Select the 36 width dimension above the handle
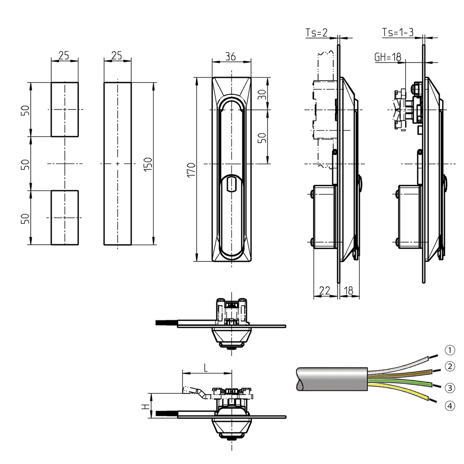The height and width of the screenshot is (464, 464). pyautogui.click(x=231, y=56)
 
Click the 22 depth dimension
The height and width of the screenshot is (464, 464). pyautogui.click(x=324, y=291)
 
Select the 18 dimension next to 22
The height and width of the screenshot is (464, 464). pyautogui.click(x=349, y=291)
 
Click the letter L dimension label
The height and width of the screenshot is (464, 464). pyautogui.click(x=206, y=368)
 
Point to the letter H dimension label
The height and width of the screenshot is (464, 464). pyautogui.click(x=145, y=406)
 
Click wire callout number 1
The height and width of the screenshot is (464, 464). pyautogui.click(x=449, y=350)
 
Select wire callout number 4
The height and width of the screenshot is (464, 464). pyautogui.click(x=449, y=406)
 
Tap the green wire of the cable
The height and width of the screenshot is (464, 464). pyautogui.click(x=399, y=382)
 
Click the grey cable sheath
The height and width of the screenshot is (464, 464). pyautogui.click(x=331, y=378)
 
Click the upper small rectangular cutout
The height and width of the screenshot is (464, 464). pyautogui.click(x=64, y=109)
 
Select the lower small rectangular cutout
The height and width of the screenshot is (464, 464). pyautogui.click(x=64, y=217)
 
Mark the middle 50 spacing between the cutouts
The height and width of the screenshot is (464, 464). pyautogui.click(x=26, y=164)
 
